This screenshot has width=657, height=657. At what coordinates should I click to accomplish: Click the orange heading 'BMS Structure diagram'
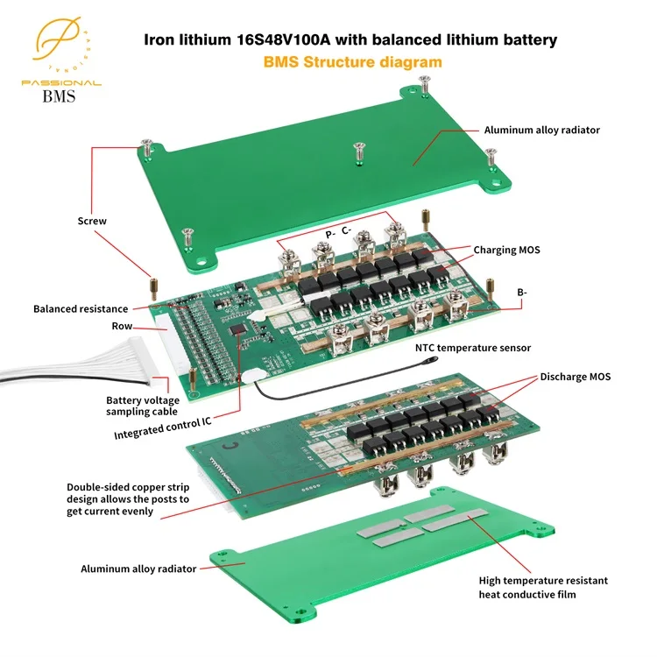[352, 62]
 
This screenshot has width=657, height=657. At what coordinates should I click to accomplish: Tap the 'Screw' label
[92, 221]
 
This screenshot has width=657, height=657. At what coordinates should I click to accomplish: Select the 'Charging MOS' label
[506, 250]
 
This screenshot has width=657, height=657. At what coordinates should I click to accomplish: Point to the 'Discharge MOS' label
[575, 377]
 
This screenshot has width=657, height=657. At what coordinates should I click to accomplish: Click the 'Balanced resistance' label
[81, 308]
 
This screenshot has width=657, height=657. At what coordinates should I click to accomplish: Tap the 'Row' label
[122, 326]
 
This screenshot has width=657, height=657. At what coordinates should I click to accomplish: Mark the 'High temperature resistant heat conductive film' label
[542, 587]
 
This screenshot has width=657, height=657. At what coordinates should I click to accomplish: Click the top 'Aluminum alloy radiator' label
[541, 130]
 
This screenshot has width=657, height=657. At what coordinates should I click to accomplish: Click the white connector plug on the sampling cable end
[158, 382]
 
